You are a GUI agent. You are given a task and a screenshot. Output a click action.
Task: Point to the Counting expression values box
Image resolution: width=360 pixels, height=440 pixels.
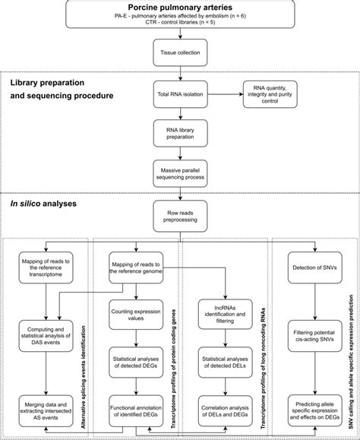pos(133,315)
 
